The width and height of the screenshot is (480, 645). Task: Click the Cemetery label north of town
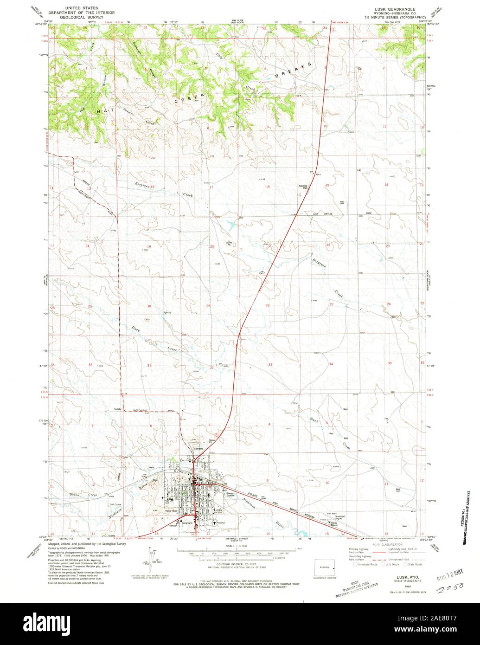[x=199, y=448]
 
